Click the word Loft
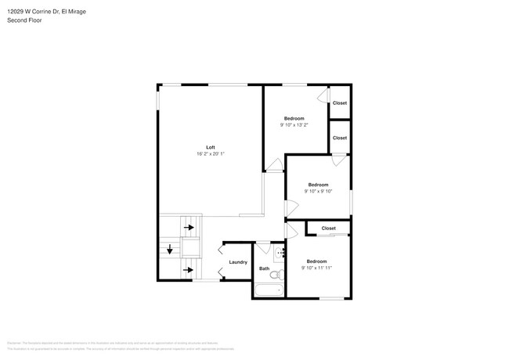(210, 147)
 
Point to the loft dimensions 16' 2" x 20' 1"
(210, 154)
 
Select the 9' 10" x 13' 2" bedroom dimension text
(294, 124)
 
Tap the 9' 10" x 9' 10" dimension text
(317, 191)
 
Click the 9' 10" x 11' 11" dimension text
(316, 268)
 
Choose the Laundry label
(238, 262)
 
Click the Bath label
(264, 268)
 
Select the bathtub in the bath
(269, 291)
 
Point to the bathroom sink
(279, 254)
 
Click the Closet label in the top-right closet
(339, 103)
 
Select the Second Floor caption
(24, 20)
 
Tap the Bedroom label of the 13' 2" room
(294, 118)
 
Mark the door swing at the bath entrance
(263, 249)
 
